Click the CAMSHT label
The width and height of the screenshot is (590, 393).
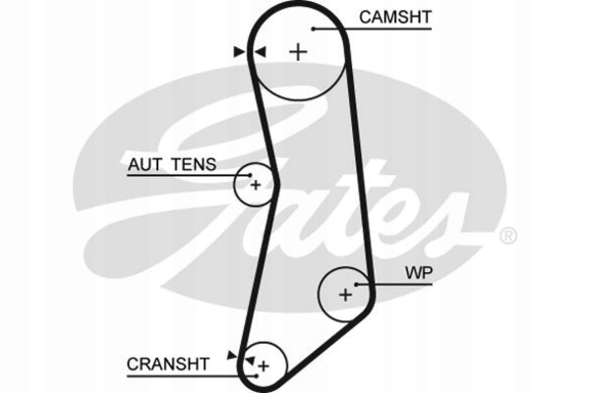tap(395, 17)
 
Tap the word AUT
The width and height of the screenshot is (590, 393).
tap(145, 164)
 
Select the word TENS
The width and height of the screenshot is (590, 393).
tap(194, 164)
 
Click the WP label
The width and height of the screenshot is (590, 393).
tap(419, 273)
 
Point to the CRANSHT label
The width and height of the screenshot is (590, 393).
tap(168, 365)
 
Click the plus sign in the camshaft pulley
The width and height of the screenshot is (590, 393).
tap(298, 52)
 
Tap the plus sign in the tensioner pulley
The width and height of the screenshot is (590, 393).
tap(256, 185)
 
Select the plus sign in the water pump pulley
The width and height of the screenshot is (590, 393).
tap(345, 295)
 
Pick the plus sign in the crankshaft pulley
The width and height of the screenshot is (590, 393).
tap(264, 365)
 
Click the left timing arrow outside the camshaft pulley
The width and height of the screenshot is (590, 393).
tap(239, 51)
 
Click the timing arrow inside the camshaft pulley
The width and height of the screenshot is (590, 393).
tap(261, 51)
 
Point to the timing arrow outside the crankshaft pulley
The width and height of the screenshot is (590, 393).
tap(232, 355)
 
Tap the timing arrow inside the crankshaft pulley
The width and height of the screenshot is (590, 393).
tap(250, 361)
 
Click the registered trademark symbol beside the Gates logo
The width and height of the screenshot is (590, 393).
tap(508, 236)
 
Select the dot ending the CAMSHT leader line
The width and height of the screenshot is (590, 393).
tap(313, 28)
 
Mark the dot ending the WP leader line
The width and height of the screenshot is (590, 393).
tap(356, 284)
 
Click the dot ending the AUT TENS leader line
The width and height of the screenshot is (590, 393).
tap(250, 175)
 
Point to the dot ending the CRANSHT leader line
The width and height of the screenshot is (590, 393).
tap(257, 375)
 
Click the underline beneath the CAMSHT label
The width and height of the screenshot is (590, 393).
tap(373, 28)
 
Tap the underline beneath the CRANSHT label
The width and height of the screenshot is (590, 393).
tap(192, 375)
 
